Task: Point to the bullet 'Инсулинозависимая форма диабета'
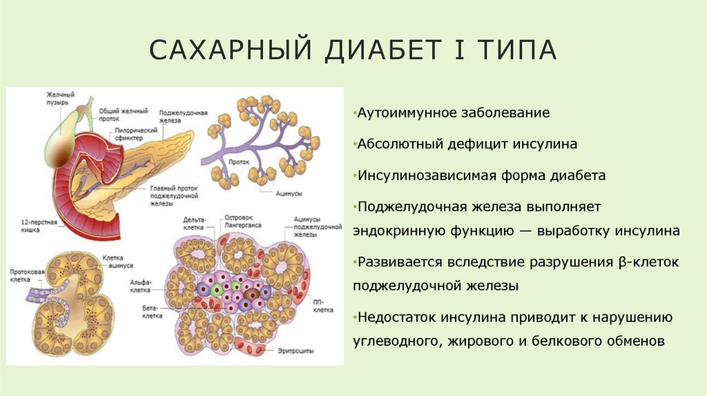tap(481, 175)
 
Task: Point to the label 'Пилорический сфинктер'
tap(133, 132)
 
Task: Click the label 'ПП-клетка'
tap(322, 307)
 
